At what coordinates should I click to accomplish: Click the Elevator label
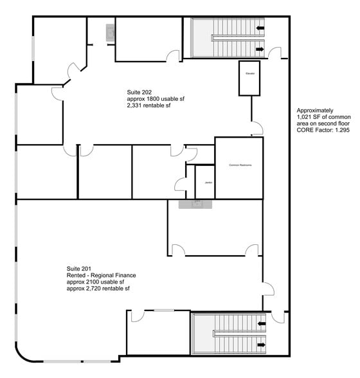coord(249,74)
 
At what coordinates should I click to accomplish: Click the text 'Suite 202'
coord(139,93)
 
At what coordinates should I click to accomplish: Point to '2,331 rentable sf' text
coord(149,105)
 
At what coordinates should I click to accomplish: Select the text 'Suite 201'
coord(79,268)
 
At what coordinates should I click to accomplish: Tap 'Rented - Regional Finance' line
coord(101,275)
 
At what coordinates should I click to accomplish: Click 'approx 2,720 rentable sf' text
coord(98,289)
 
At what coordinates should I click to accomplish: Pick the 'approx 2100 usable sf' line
coord(95,282)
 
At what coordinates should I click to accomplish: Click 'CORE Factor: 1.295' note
coord(321,130)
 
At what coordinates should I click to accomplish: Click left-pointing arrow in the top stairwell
coord(260,28)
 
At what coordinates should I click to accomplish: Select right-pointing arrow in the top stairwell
coord(260,49)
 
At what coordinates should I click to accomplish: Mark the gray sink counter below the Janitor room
coord(195,204)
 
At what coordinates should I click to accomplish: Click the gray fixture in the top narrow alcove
coord(110,32)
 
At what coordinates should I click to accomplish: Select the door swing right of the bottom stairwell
coord(277,318)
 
